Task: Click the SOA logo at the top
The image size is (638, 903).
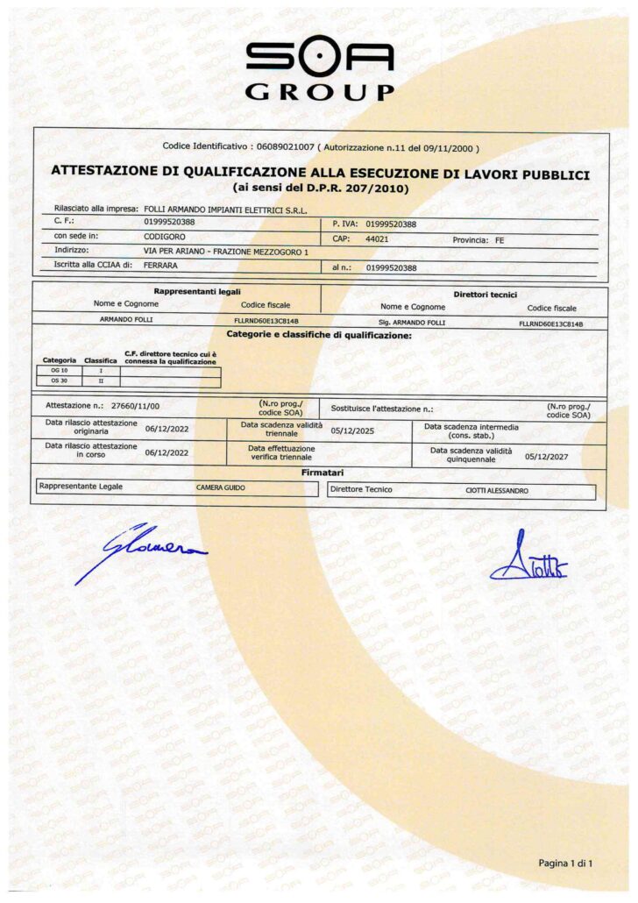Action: (319, 57)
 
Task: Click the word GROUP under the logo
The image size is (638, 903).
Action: (319, 92)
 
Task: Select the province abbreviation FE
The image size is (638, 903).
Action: (500, 238)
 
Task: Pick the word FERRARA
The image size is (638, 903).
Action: (163, 267)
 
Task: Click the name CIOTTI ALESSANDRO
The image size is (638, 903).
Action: (497, 490)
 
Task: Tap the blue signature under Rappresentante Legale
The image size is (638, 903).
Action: (140, 552)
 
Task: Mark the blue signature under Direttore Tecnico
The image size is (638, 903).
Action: (528, 561)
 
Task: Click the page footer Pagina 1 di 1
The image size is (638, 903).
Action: (565, 864)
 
